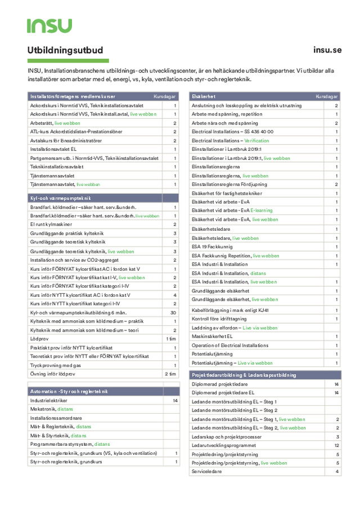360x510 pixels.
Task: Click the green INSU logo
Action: click(49, 25)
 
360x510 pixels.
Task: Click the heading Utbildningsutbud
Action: click(65, 50)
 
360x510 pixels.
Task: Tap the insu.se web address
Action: click(327, 50)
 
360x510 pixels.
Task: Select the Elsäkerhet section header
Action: click(204, 97)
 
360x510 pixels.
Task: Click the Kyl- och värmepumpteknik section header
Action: click(60, 198)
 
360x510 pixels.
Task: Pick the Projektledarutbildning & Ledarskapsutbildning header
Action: click(244, 374)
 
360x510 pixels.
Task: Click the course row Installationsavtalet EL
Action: click(53, 149)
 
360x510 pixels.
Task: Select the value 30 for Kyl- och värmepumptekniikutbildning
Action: click(173, 312)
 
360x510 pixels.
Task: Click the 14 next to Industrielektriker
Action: click(175, 400)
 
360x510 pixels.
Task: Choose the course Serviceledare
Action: click(206, 471)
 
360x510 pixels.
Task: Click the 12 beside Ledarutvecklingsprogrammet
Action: click(336, 445)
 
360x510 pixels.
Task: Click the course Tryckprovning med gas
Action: click(56, 365)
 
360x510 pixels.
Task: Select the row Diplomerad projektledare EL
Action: click(223, 392)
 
